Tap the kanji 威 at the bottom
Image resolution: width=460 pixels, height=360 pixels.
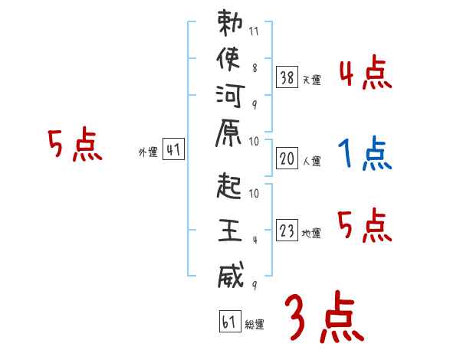229,274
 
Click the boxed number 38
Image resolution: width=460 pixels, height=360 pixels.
287,77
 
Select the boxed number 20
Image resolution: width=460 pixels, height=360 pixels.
287,159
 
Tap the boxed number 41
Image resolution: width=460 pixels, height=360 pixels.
173,150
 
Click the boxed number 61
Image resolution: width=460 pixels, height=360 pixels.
229,321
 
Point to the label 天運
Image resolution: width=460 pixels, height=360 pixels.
311,80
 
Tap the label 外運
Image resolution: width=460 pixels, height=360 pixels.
148,152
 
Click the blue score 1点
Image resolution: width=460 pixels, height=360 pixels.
364,154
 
